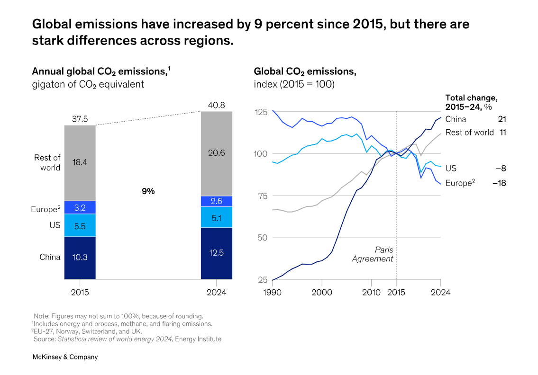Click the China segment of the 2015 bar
click(x=80, y=258)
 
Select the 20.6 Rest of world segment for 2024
click(x=216, y=153)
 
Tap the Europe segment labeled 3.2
click(x=80, y=207)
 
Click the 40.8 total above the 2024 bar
click(x=216, y=105)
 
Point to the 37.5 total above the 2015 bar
click(x=80, y=119)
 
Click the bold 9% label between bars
click(x=148, y=191)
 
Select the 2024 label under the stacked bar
click(x=216, y=292)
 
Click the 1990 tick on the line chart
click(x=273, y=292)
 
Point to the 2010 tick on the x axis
click(x=371, y=292)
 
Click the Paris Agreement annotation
click(x=373, y=254)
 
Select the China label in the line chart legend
click(x=456, y=119)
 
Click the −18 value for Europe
click(x=499, y=183)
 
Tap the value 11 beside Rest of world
click(x=502, y=133)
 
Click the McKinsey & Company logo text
click(x=65, y=357)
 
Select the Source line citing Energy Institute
click(x=127, y=339)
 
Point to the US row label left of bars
click(x=55, y=225)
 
